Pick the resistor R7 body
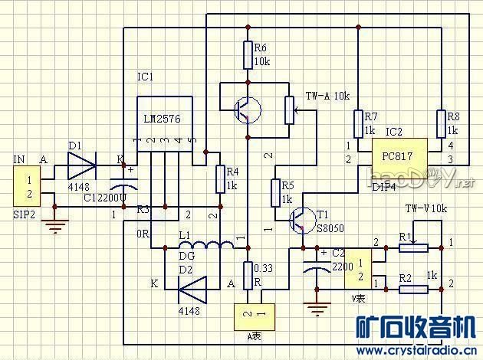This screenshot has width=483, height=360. point(359,123)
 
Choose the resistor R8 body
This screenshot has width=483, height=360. point(442,123)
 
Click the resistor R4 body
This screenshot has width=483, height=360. point(220,179)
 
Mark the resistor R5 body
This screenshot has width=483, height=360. point(275,192)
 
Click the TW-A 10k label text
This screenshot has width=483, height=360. point(327,97)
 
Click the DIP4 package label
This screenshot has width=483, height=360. point(383,186)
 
